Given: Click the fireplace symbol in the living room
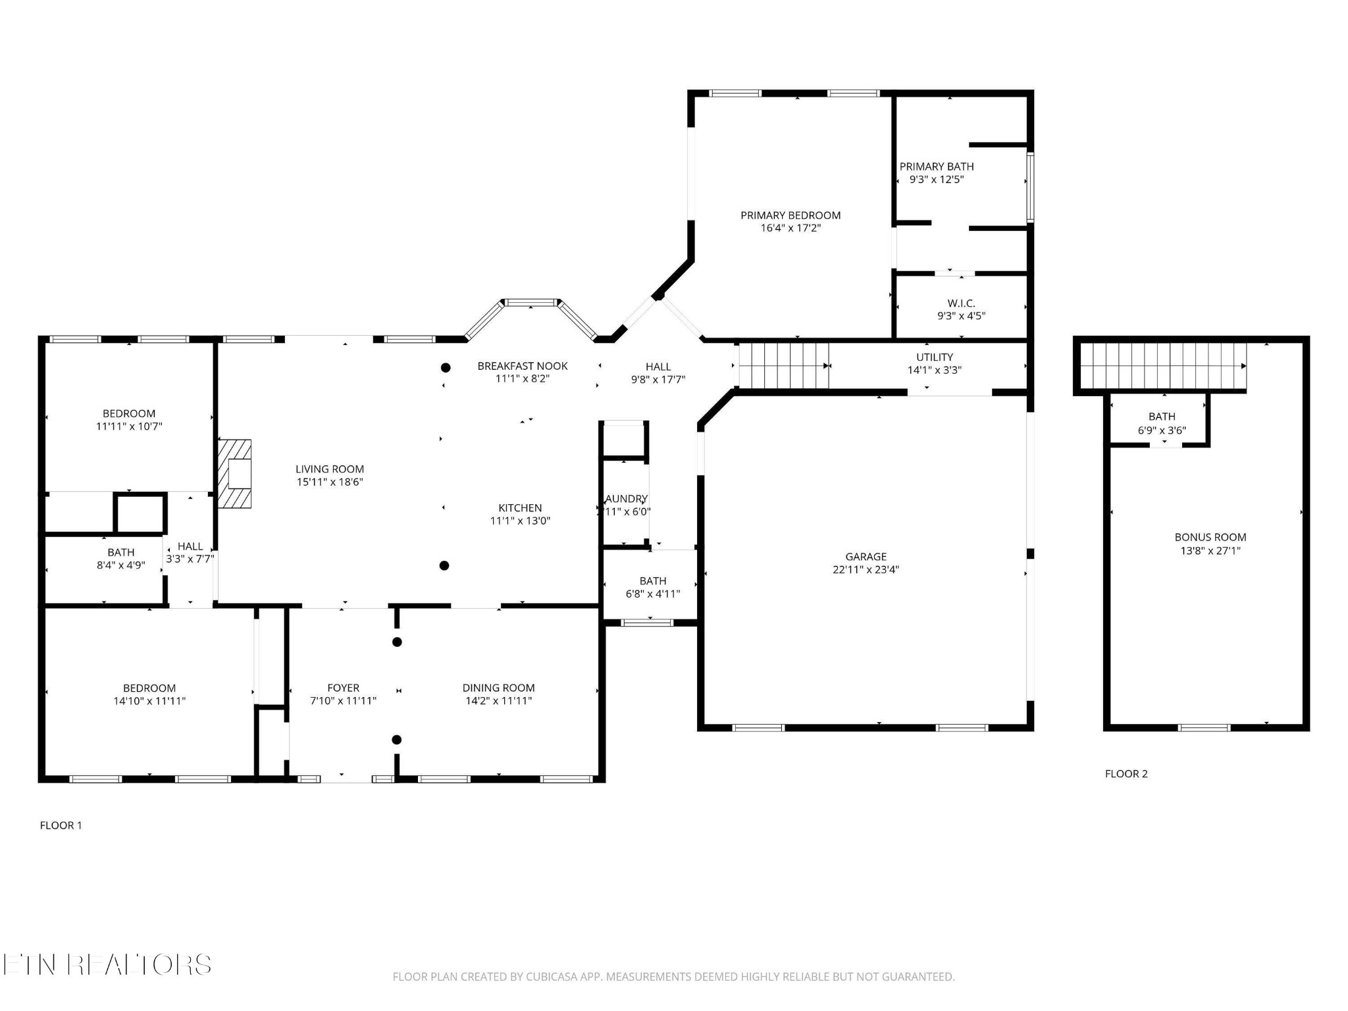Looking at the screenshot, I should pyautogui.click(x=235, y=473).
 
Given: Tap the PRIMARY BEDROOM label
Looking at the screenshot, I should pyautogui.click(x=790, y=215).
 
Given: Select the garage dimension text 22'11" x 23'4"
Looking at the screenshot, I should pyautogui.click(x=866, y=569).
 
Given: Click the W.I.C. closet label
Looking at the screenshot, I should pyautogui.click(x=961, y=303).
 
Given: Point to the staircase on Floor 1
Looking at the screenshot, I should pyautogui.click(x=783, y=365).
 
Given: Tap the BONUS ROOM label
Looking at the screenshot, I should pyautogui.click(x=1210, y=537).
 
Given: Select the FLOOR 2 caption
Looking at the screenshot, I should pyautogui.click(x=1126, y=773).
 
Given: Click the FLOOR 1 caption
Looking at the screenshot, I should pyautogui.click(x=61, y=825).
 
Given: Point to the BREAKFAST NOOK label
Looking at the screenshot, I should pyautogui.click(x=522, y=366).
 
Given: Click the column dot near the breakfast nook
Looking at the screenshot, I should pyautogui.click(x=446, y=367).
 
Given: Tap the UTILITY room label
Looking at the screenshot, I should pyautogui.click(x=934, y=357).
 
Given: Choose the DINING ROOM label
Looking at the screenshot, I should pyautogui.click(x=498, y=688).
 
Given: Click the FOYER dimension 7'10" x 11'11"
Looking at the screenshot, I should pyautogui.click(x=343, y=701).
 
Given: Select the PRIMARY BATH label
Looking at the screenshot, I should pyautogui.click(x=936, y=167).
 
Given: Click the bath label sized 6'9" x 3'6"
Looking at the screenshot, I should pyautogui.click(x=1162, y=430).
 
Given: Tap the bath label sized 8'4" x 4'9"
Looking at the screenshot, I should pyautogui.click(x=121, y=565).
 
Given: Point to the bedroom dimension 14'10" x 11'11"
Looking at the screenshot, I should pyautogui.click(x=149, y=701).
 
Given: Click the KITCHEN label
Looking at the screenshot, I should pyautogui.click(x=520, y=507).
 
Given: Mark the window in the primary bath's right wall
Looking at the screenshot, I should pyautogui.click(x=1030, y=187).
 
